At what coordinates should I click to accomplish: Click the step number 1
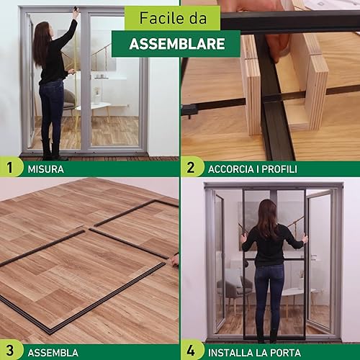pyautogui.click(x=9, y=167)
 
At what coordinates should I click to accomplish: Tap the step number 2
pyautogui.click(x=191, y=167)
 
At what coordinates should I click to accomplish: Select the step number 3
pyautogui.click(x=9, y=351)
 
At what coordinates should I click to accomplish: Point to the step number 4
pyautogui.click(x=191, y=351)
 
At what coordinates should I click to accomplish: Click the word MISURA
pyautogui.click(x=46, y=169)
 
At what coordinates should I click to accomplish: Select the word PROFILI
pyautogui.click(x=279, y=169)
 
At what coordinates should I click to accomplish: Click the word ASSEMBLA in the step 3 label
pyautogui.click(x=53, y=353)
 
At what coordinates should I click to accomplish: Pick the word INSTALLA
pyautogui.click(x=230, y=353)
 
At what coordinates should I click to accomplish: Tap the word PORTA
pyautogui.click(x=286, y=353)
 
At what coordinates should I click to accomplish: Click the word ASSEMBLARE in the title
pyautogui.click(x=177, y=44)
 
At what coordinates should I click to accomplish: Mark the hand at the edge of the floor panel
pyautogui.click(x=176, y=260)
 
